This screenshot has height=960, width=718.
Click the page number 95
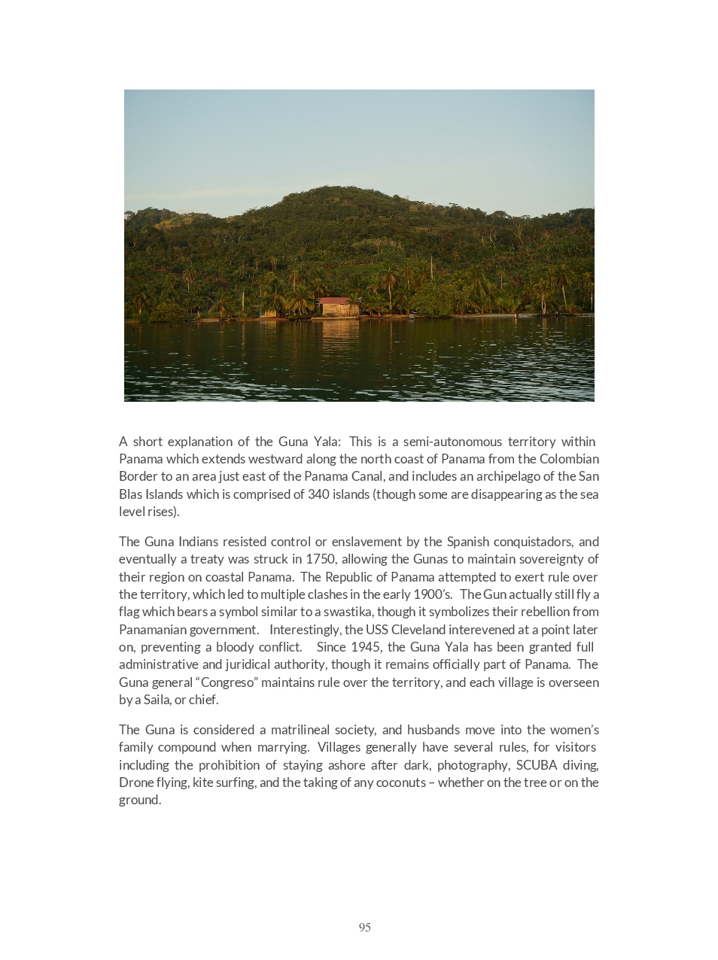364,927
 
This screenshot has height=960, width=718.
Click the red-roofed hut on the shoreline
338,305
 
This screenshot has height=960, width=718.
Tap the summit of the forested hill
331,190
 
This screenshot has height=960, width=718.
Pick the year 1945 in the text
366,647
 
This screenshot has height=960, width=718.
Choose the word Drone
136,782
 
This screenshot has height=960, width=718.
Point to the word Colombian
564,459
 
